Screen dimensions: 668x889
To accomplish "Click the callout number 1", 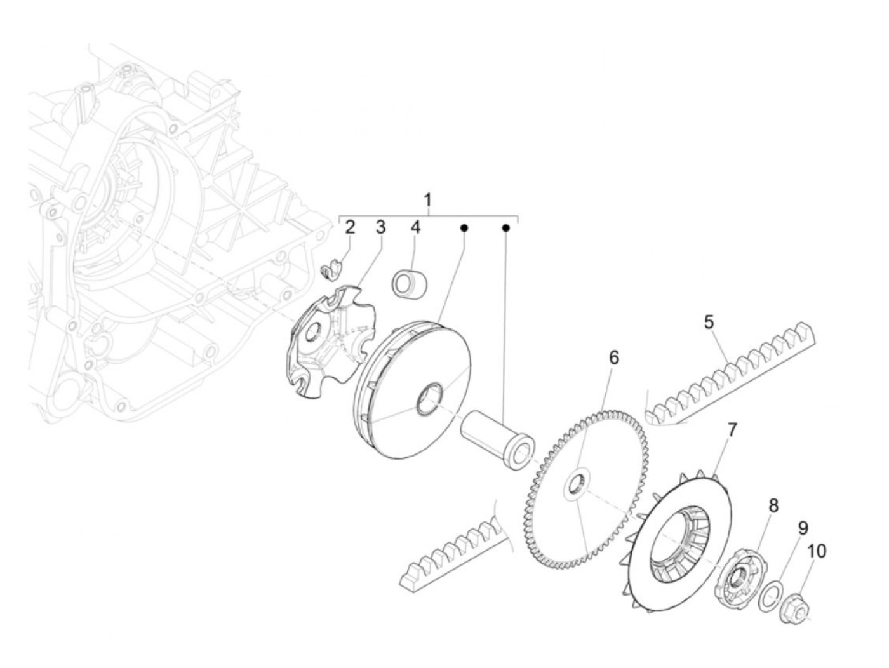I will tap(428, 200).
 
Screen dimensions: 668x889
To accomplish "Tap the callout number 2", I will tap(350, 228).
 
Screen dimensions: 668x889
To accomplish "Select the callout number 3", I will tap(380, 228).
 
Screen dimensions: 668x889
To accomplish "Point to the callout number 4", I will tap(415, 228).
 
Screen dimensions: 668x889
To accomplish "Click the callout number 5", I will tap(709, 322).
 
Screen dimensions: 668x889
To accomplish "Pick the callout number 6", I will tap(613, 358).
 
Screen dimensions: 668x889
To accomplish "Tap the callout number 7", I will tap(732, 431).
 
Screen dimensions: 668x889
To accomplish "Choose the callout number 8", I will tap(773, 506).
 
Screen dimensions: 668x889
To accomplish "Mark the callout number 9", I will tap(803, 528).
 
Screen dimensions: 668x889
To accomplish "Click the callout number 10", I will tap(817, 551).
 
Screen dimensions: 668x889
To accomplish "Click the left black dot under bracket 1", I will tap(464, 227).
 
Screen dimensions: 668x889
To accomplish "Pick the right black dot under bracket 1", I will tap(506, 227).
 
